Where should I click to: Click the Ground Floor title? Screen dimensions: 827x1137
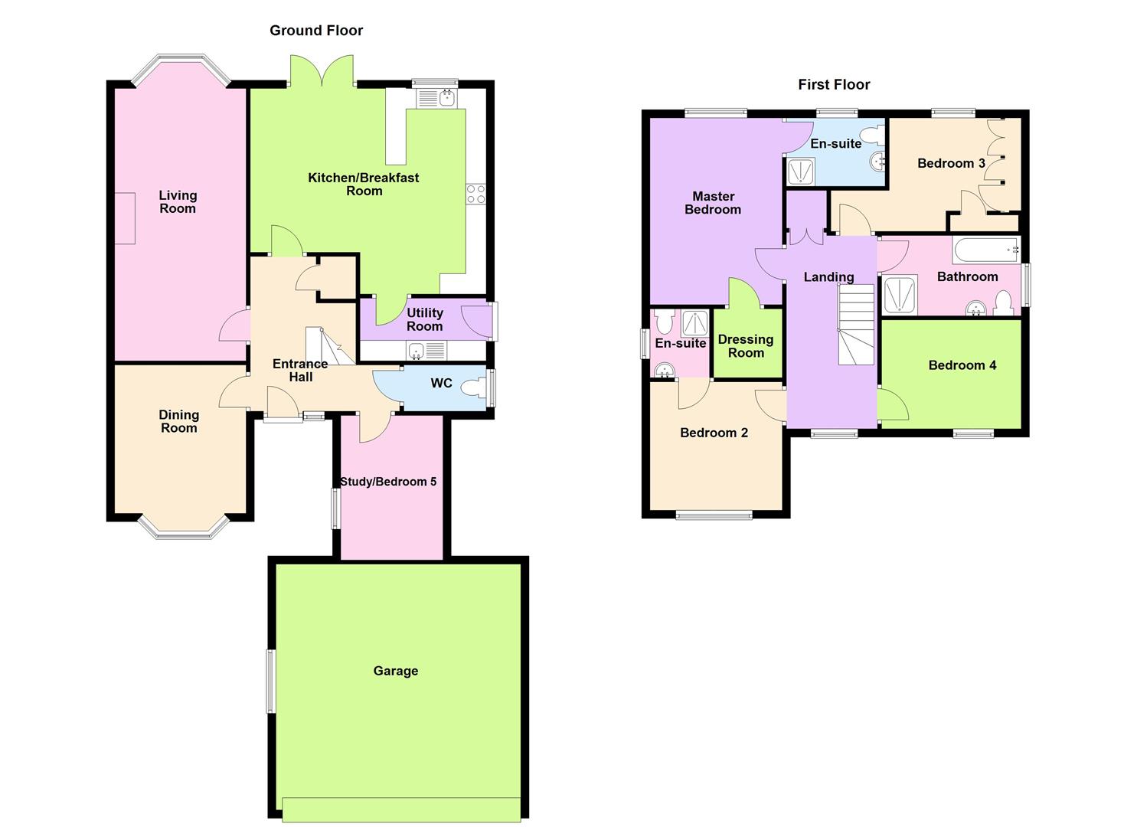(x=316, y=31)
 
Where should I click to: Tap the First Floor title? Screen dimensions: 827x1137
(x=834, y=84)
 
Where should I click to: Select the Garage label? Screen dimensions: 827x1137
(x=396, y=671)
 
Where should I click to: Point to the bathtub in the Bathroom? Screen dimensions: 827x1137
(x=985, y=250)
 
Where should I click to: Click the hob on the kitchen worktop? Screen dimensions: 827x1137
(x=475, y=194)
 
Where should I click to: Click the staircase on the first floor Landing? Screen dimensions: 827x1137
(x=856, y=325)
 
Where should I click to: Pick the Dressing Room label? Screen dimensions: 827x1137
(x=746, y=346)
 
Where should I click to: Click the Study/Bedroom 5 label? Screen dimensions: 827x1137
(x=388, y=482)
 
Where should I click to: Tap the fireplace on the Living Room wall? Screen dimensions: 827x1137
(x=125, y=218)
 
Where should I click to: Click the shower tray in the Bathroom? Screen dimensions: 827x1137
(x=900, y=295)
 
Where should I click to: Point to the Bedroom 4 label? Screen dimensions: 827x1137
(x=962, y=365)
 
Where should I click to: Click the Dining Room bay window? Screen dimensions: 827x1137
(x=184, y=528)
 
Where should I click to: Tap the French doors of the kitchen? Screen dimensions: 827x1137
(x=322, y=70)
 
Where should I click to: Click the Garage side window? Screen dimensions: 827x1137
(x=270, y=682)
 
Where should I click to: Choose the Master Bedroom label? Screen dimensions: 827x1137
(x=713, y=203)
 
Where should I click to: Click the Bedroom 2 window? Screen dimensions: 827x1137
(x=714, y=515)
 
